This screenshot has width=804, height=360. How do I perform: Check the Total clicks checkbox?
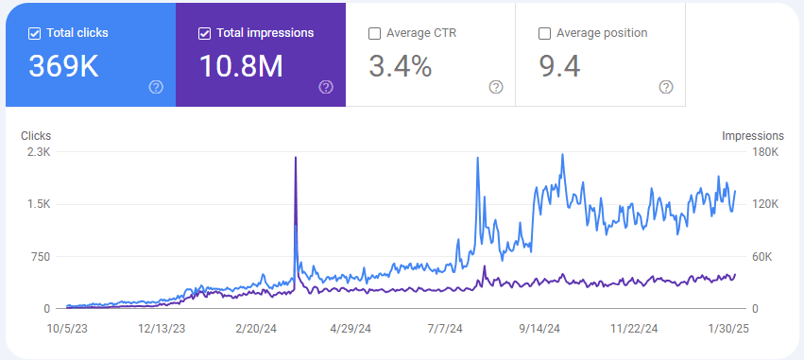[x=35, y=33]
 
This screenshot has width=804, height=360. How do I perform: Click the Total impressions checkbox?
[x=205, y=33]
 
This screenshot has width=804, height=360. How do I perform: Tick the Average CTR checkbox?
[x=375, y=33]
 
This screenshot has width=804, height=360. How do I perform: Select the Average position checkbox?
[x=544, y=33]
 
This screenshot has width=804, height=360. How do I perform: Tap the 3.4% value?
[x=400, y=67]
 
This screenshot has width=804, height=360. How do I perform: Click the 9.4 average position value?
[x=559, y=67]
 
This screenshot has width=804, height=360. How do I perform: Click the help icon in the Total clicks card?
[x=156, y=87]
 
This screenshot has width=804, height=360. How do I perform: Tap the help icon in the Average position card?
[x=666, y=87]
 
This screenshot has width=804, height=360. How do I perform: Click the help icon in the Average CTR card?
[x=496, y=87]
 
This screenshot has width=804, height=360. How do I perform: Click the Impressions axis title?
[x=753, y=136]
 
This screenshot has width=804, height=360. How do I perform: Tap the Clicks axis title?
[x=36, y=136]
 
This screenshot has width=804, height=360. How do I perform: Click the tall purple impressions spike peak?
[x=296, y=159]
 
